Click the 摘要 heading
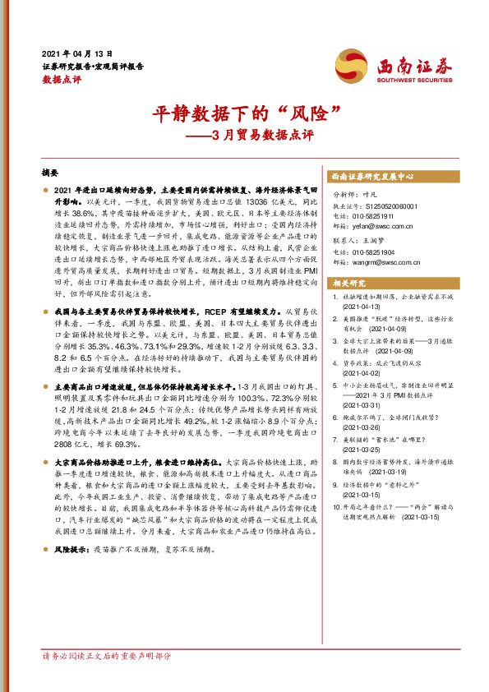51,174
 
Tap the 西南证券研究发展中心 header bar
372,177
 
